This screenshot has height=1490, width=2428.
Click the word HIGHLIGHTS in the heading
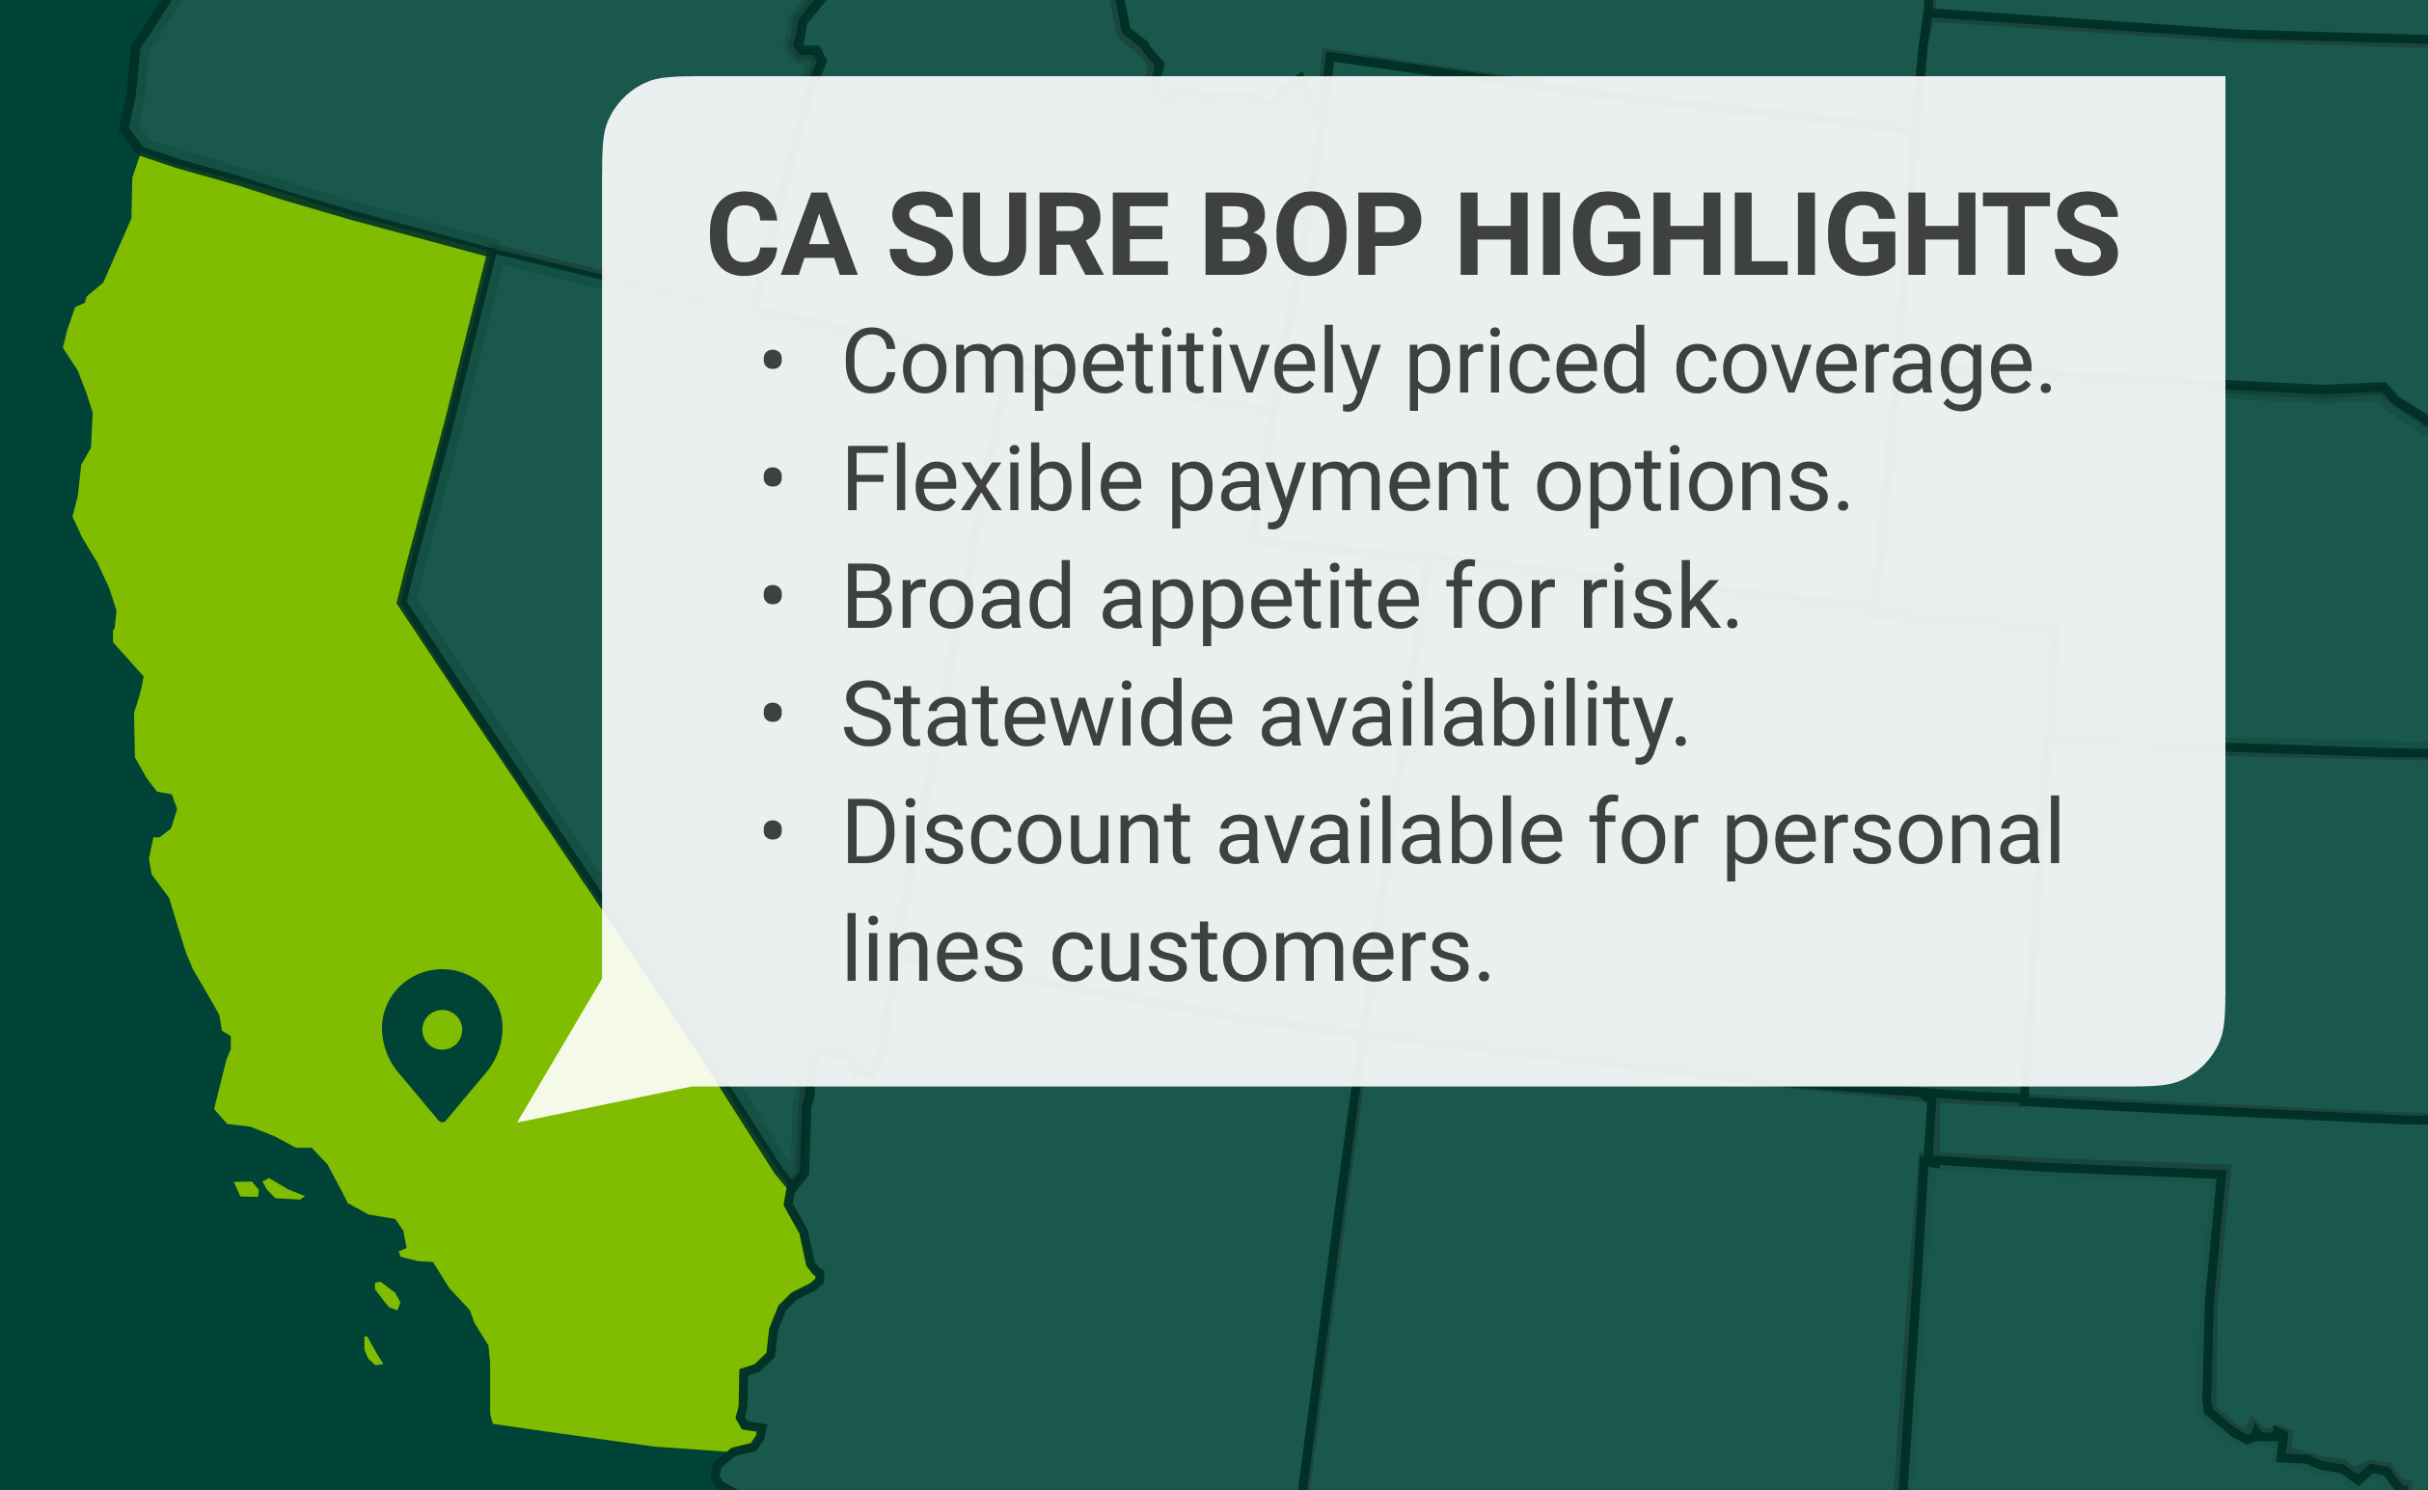pyautogui.click(x=1787, y=236)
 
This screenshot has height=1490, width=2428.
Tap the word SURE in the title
pyautogui.click(x=1028, y=236)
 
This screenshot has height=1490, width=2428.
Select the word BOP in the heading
pyautogui.click(x=1312, y=236)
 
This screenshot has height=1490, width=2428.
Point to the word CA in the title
pyautogui.click(x=781, y=236)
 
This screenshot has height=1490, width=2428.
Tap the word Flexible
pyautogui.click(x=993, y=481)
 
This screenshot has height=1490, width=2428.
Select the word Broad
pyautogui.click(x=958, y=597)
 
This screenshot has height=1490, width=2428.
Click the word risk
pyautogui.click(x=1659, y=597)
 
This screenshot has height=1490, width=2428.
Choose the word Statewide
pyautogui.click(x=1038, y=715)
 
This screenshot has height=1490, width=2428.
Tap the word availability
pyautogui.click(x=1473, y=715)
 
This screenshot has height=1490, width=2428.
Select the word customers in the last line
pyautogui.click(x=1271, y=951)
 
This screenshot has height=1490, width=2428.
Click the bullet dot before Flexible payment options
pyautogui.click(x=773, y=479)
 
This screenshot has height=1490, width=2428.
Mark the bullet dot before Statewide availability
pyautogui.click(x=773, y=714)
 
